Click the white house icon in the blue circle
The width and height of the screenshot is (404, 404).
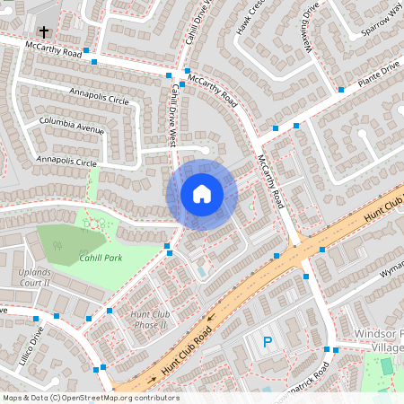click(202, 193)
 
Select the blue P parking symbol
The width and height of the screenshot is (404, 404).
click(267, 342)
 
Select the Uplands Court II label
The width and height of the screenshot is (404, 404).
click(35, 277)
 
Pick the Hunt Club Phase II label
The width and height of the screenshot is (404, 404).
click(150, 320)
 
